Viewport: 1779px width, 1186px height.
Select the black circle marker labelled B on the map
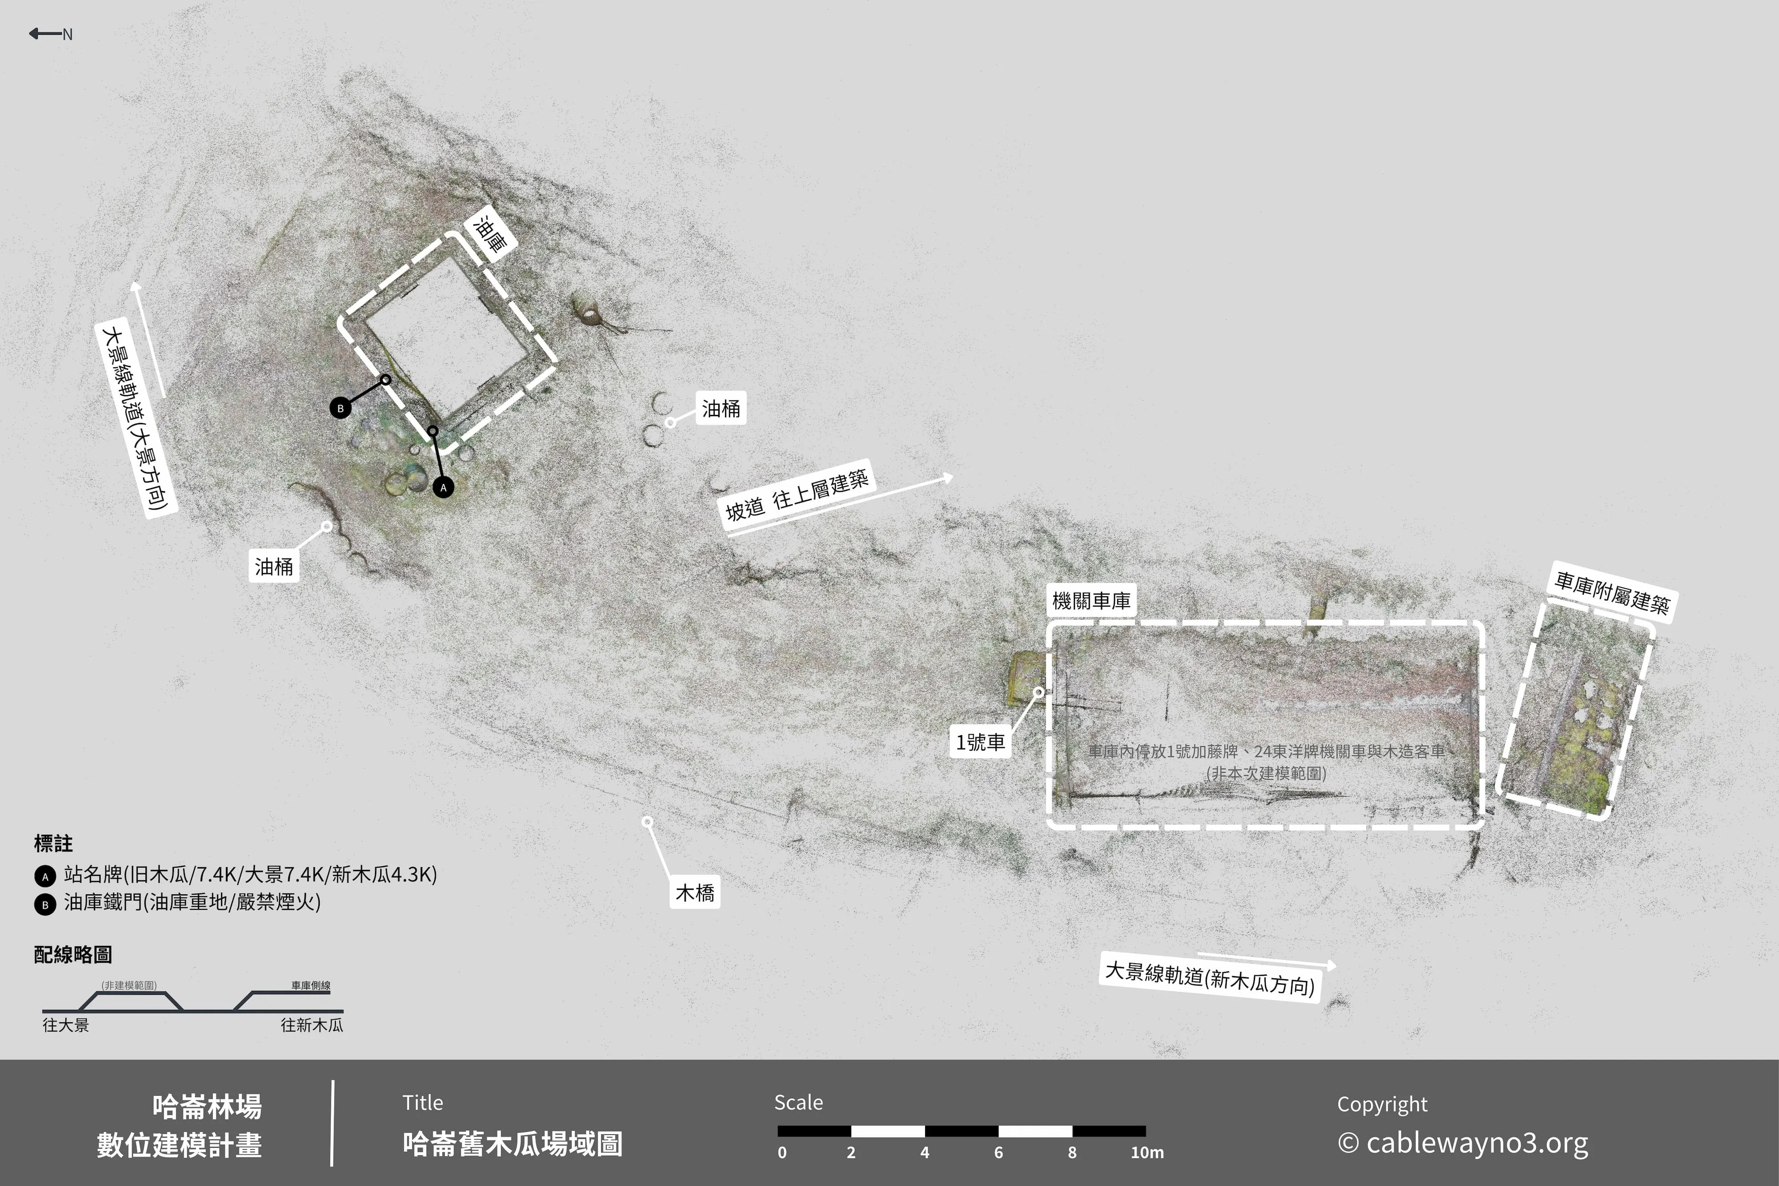point(340,408)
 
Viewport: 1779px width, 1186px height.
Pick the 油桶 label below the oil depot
point(274,567)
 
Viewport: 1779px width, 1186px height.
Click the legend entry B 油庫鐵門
point(178,902)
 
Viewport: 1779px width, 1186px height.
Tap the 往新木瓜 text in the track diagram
point(312,1025)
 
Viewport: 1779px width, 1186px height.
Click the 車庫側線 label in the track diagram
point(311,985)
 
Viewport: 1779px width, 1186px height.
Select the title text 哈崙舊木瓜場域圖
point(512,1144)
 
